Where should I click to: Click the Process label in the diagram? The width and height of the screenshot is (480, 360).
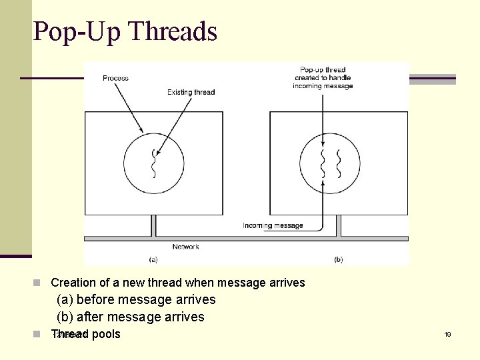coord(115,79)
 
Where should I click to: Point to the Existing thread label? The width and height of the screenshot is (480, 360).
coord(191,92)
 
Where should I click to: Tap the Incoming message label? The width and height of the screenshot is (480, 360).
coord(273,225)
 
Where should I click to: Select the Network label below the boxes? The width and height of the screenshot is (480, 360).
coord(185,247)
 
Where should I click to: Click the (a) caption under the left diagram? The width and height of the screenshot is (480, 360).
coord(153,259)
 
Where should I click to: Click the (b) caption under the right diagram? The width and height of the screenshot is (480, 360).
coord(338,259)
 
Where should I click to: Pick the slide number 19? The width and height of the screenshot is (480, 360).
coord(447,334)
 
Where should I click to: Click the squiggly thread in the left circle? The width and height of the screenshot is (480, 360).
coord(154,163)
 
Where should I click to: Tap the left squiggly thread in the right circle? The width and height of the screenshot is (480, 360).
coord(323,163)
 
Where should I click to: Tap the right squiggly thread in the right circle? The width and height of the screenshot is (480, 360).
coord(339,163)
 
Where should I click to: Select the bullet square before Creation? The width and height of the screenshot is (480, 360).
coord(41,283)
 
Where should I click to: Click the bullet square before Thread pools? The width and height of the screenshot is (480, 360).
coord(41,333)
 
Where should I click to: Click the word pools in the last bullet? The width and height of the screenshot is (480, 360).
coord(106,334)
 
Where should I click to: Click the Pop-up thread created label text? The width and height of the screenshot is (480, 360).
coord(323,77)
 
